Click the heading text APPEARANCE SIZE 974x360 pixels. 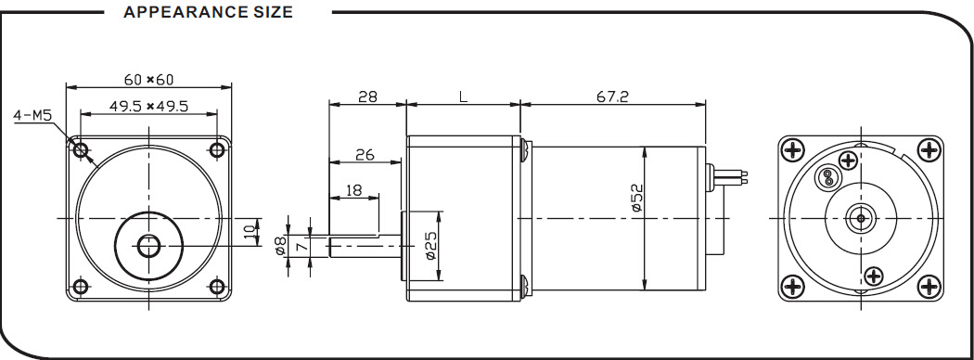click(x=208, y=12)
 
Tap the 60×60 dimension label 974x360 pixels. click(x=149, y=80)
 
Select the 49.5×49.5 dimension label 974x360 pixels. click(x=148, y=107)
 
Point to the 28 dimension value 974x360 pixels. click(x=367, y=96)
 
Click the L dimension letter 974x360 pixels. click(x=463, y=96)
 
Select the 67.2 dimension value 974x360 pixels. click(x=613, y=96)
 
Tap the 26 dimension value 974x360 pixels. click(x=365, y=154)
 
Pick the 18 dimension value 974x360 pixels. click(x=353, y=190)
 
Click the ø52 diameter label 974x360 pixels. click(x=637, y=198)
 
